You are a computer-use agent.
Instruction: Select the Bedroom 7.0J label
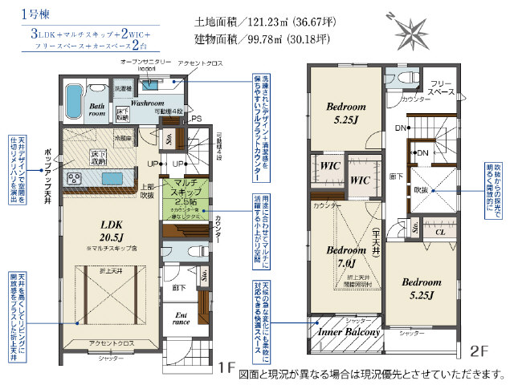(346, 256)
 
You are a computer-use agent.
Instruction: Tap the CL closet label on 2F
(439, 233)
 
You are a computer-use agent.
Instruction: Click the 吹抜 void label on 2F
(421, 191)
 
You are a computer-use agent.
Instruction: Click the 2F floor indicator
(479, 351)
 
